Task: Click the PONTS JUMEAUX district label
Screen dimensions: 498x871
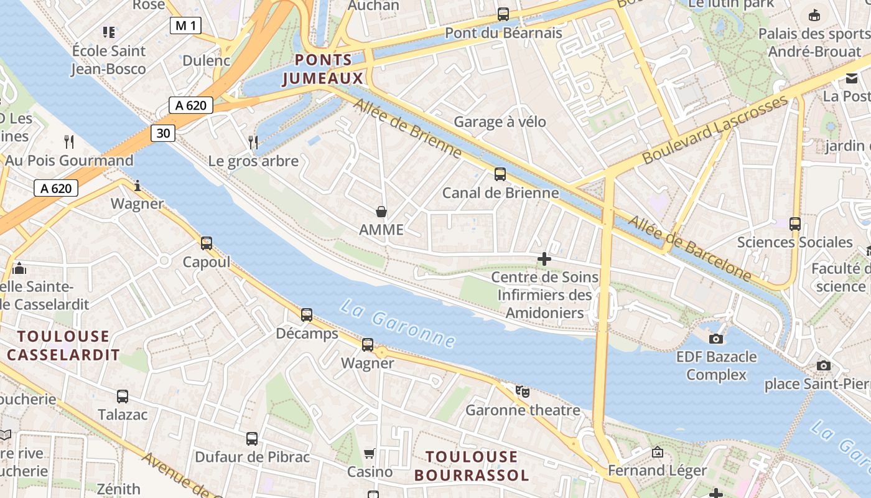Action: pos(322,69)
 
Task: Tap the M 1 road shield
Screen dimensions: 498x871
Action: pos(186,26)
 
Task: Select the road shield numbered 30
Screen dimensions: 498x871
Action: pos(162,133)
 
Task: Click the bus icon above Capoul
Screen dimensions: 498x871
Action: pos(207,243)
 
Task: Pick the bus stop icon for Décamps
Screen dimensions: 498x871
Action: pos(307,315)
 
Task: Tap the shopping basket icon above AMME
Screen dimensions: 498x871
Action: pos(381,212)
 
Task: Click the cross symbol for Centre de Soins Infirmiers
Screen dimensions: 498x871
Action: pos(544,259)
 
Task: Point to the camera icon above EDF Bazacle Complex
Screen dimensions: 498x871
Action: pos(716,339)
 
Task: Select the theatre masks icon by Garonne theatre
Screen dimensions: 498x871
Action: pos(523,392)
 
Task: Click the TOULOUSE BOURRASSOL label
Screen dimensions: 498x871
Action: pos(472,466)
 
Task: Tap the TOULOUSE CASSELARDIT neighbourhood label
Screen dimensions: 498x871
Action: pos(63,345)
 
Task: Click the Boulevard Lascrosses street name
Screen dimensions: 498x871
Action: pos(715,131)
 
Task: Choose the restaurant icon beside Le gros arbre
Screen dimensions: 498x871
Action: pos(253,143)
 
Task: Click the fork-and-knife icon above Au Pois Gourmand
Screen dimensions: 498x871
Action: pos(69,142)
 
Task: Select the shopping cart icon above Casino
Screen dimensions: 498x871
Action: pos(370,454)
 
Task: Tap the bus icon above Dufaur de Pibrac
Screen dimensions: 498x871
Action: pos(252,439)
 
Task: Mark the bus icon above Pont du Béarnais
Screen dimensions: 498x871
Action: pos(503,14)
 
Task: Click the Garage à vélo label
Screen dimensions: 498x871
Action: pos(500,122)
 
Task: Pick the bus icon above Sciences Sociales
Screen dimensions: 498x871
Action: pos(794,224)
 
